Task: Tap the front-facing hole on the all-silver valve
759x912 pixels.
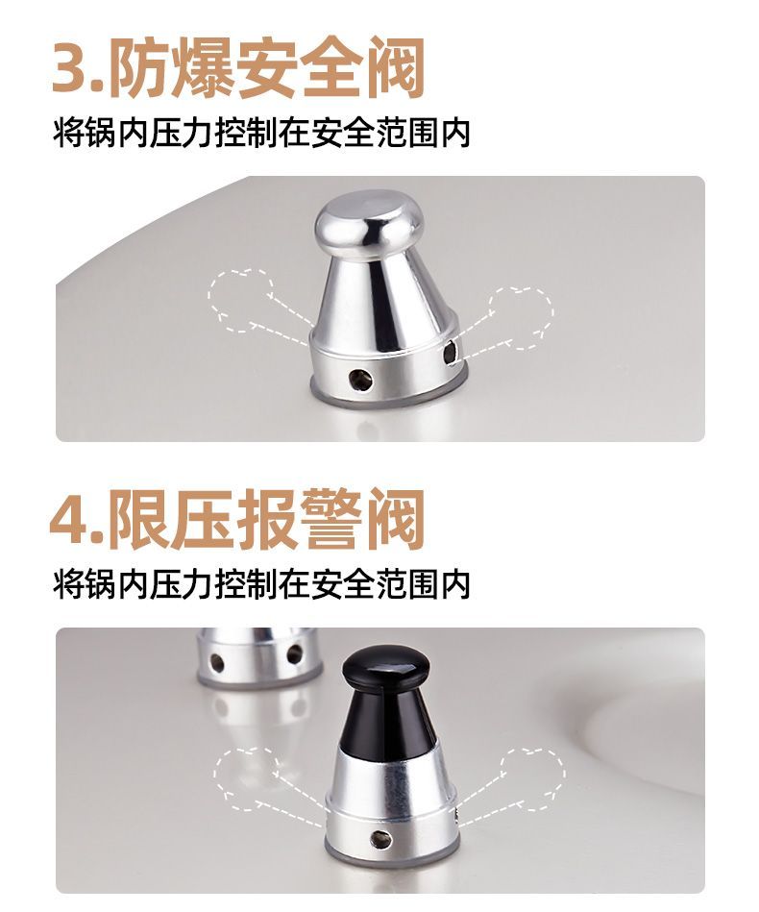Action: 359,379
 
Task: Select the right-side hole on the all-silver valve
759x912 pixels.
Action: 450,353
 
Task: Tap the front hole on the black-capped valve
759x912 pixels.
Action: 380,839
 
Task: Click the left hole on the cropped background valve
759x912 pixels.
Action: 217,662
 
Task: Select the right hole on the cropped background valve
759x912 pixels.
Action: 294,653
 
